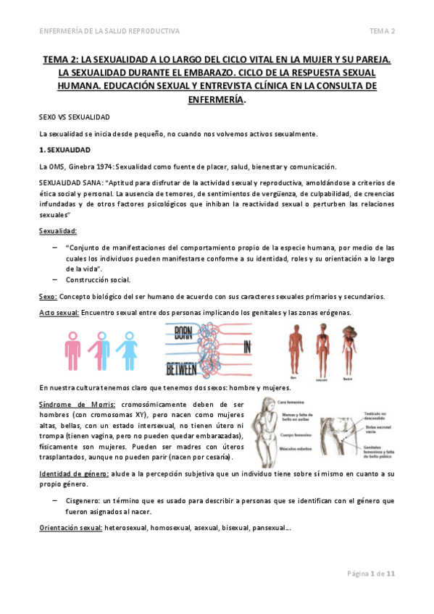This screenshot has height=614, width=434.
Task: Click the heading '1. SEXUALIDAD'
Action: [x=64, y=150]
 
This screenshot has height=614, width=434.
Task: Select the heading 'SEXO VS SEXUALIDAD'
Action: [x=74, y=116]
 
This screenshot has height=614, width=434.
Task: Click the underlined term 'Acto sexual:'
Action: [x=59, y=313]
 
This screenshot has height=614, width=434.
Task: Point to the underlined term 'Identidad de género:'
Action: [x=74, y=474]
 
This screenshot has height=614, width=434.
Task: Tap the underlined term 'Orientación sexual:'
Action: [x=70, y=527]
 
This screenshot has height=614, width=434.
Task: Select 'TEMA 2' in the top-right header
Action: [x=381, y=30]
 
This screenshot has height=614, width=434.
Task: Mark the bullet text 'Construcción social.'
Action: [x=99, y=279]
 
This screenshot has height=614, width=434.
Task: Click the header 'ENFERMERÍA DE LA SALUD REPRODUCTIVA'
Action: [x=109, y=30]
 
